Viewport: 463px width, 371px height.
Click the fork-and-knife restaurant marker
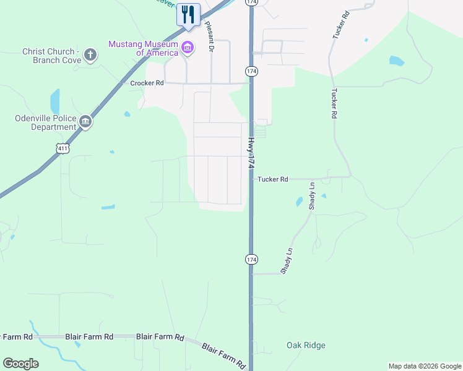[x=188, y=14]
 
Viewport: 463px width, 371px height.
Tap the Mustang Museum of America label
[x=143, y=48]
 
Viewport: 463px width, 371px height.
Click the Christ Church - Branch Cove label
[x=49, y=56]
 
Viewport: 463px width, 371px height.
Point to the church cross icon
[x=90, y=55]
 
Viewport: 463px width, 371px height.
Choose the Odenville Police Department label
[x=46, y=122]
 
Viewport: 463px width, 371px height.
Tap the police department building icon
[x=85, y=122]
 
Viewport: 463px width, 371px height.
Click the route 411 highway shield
[x=62, y=148]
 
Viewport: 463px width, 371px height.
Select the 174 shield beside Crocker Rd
[x=251, y=72]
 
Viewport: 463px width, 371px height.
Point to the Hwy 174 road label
[x=251, y=153]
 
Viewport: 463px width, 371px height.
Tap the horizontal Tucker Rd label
[x=273, y=179]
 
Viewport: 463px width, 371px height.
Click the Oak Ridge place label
[x=306, y=345]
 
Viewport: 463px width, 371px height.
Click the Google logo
[x=20, y=364]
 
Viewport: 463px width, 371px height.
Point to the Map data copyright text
[x=425, y=366]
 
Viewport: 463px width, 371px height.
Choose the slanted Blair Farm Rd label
[x=224, y=355]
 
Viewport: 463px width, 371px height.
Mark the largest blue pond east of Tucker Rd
[x=396, y=61]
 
